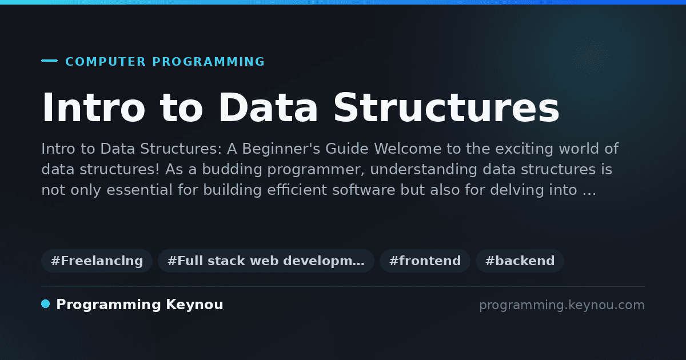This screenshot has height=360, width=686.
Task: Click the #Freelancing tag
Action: point(97,261)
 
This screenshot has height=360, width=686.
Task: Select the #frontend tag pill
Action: point(425,261)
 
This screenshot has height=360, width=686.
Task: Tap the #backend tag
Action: point(520,261)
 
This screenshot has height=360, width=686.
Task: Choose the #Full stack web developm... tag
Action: point(266,261)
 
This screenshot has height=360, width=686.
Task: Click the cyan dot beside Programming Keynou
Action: point(46,304)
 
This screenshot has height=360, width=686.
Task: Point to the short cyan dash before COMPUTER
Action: point(49,61)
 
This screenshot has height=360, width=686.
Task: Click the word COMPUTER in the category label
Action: point(106,62)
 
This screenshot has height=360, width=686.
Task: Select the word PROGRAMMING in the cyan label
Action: point(208,62)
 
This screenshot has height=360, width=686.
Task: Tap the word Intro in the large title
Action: point(93,107)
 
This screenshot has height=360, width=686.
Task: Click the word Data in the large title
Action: point(268,107)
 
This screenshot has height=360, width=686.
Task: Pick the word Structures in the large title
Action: point(446,107)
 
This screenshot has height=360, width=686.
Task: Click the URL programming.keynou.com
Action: point(562,305)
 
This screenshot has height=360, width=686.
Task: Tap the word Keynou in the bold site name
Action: point(194,305)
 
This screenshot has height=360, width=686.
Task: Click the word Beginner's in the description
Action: point(281,149)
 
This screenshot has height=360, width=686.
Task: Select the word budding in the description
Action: point(232,169)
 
